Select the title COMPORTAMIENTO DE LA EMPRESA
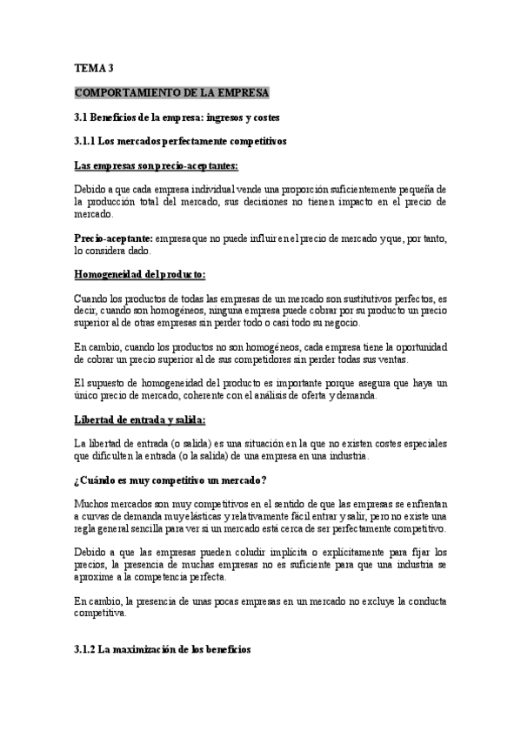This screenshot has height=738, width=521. coord(172,92)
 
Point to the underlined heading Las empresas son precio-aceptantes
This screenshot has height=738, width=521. coord(157,165)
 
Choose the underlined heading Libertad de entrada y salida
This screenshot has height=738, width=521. coord(143,419)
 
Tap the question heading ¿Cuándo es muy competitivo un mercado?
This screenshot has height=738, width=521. coord(171,480)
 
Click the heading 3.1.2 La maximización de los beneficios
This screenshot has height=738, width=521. coord(163,649)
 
